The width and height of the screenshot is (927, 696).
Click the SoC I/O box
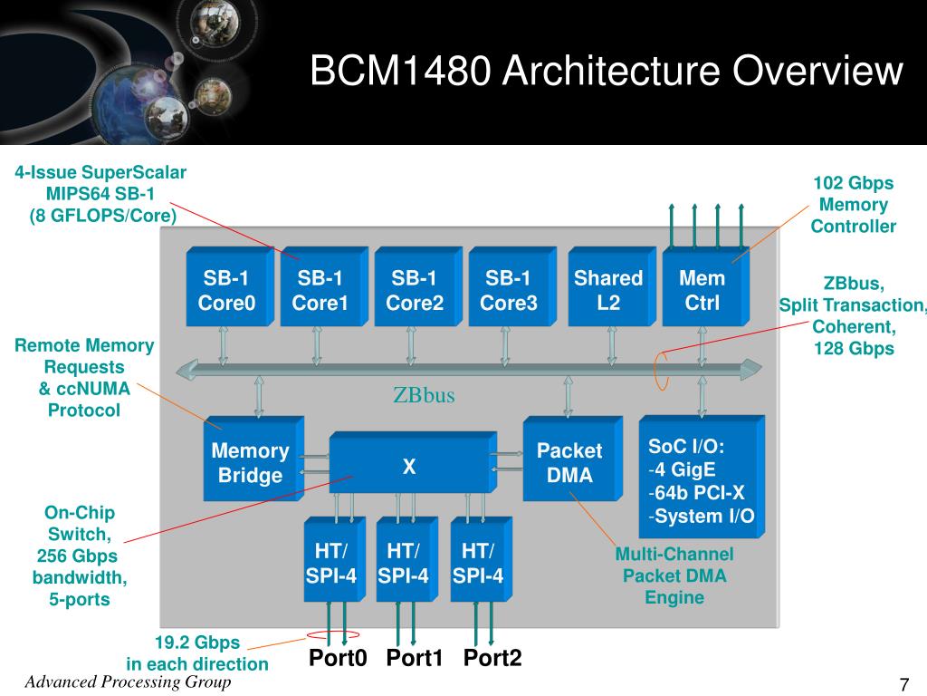tap(702, 477)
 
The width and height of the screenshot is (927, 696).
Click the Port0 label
tap(338, 658)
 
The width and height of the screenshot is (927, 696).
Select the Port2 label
tap(492, 658)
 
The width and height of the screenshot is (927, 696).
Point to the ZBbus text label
tap(424, 395)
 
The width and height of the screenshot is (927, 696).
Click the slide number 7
tap(904, 684)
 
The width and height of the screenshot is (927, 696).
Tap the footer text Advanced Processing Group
tap(128, 681)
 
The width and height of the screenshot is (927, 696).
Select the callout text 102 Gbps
tap(853, 183)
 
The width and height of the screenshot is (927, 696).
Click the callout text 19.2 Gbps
tap(197, 643)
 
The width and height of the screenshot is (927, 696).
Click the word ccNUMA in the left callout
tap(93, 388)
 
